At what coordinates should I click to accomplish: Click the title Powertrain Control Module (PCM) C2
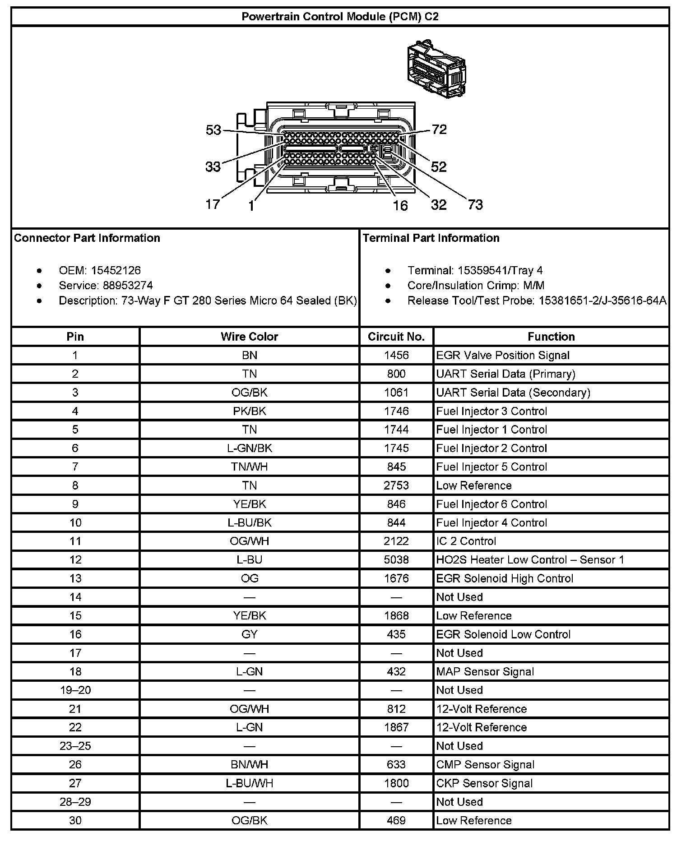(340, 17)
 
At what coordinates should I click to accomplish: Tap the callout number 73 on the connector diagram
(475, 205)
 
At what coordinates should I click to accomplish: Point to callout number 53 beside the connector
(213, 130)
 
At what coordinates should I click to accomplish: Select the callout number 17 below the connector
(213, 204)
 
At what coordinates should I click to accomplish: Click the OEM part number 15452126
(116, 270)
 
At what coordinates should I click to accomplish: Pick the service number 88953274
(128, 286)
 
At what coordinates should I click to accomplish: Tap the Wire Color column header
(249, 337)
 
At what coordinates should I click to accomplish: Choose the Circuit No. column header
(396, 337)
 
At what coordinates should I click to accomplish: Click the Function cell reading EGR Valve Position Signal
(503, 356)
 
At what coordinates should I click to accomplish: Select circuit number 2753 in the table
(396, 485)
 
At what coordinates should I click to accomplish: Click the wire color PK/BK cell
(249, 411)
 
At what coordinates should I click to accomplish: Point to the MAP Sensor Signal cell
(485, 672)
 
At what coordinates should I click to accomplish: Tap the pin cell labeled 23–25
(75, 746)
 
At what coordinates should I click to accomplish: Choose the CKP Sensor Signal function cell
(484, 783)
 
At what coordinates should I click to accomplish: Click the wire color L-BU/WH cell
(249, 783)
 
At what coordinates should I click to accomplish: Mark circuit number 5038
(396, 560)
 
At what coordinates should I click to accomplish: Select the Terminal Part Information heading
(431, 238)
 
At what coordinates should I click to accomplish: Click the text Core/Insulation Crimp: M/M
(476, 286)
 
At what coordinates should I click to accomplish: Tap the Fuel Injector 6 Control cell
(491, 504)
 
